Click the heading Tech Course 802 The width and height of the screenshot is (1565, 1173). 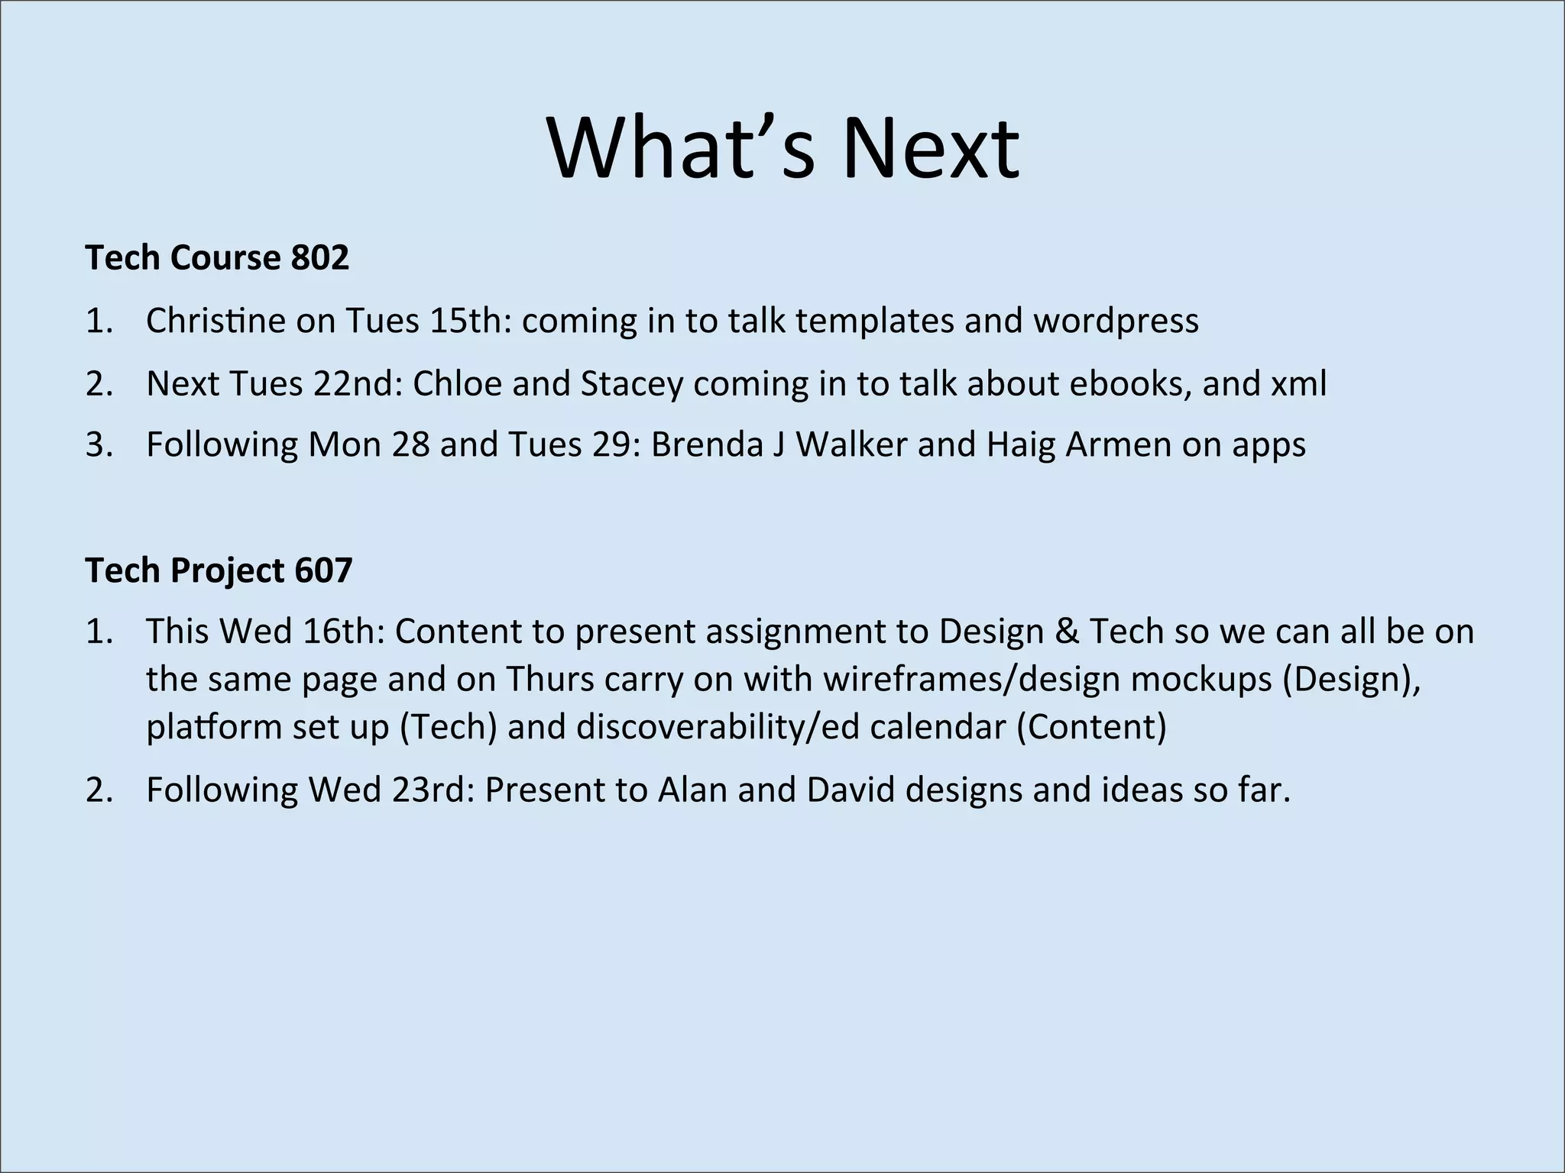click(x=217, y=257)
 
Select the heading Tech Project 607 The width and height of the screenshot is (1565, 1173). click(x=219, y=570)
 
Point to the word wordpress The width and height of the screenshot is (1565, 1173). click(x=1116, y=322)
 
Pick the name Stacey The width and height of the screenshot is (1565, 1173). click(x=631, y=384)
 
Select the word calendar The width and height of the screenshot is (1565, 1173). click(x=938, y=726)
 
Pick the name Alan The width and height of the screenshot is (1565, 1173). click(x=692, y=790)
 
